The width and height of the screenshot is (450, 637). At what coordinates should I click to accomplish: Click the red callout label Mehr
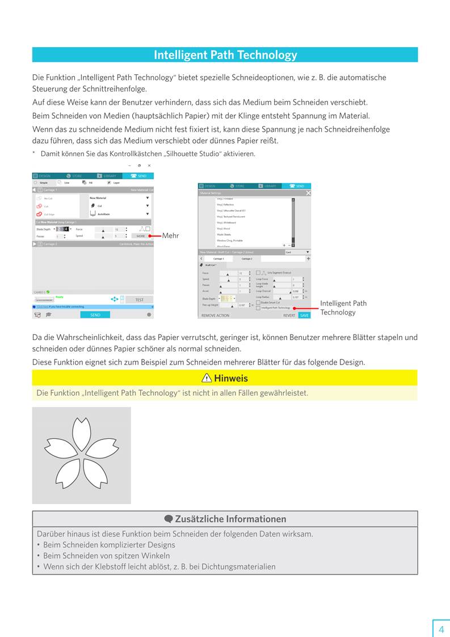click(171, 236)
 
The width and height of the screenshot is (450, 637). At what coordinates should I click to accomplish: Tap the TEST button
click(139, 300)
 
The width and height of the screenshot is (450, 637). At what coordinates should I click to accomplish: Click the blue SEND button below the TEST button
click(95, 315)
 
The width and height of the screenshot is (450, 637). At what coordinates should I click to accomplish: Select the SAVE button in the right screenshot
click(305, 316)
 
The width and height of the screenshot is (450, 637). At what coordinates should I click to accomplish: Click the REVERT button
click(289, 316)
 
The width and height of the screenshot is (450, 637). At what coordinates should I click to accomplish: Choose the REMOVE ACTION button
click(216, 316)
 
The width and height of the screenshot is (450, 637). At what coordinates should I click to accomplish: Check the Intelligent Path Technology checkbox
click(258, 308)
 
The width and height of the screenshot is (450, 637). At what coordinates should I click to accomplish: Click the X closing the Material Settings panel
click(308, 193)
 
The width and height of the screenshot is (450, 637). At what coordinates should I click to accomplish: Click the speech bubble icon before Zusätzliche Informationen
click(169, 519)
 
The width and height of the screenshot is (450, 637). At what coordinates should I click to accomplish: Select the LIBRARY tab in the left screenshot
click(107, 176)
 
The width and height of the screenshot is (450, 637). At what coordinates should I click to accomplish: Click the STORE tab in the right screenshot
click(239, 186)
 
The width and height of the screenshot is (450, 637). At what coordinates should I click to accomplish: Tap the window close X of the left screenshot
click(149, 165)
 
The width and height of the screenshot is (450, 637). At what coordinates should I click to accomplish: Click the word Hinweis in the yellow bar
click(230, 379)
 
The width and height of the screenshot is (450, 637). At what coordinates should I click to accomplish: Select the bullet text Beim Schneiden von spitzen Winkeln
click(106, 556)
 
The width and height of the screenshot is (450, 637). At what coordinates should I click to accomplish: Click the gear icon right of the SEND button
click(149, 315)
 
